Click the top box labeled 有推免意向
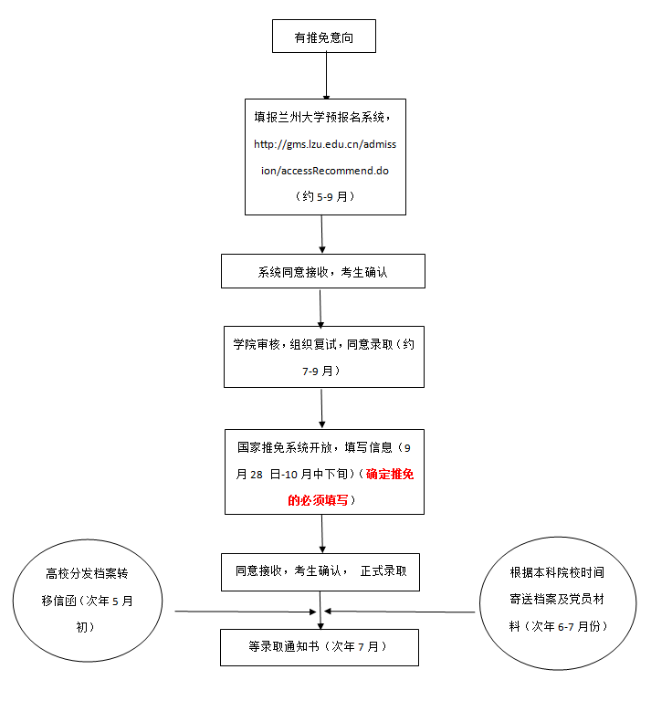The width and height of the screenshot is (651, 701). click(x=323, y=37)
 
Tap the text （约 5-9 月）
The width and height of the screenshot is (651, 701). click(x=325, y=196)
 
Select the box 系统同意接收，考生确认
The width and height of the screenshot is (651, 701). click(x=322, y=271)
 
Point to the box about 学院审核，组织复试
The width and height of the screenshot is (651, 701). click(x=324, y=357)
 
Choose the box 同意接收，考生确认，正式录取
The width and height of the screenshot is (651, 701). click(x=320, y=571)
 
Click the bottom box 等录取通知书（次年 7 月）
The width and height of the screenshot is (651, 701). click(x=319, y=647)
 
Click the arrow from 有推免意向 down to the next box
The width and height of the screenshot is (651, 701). click(x=326, y=76)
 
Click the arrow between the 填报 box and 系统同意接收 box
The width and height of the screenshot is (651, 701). click(x=322, y=234)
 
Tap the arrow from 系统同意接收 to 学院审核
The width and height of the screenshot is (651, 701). click(x=320, y=308)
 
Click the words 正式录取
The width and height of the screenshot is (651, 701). click(x=388, y=571)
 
